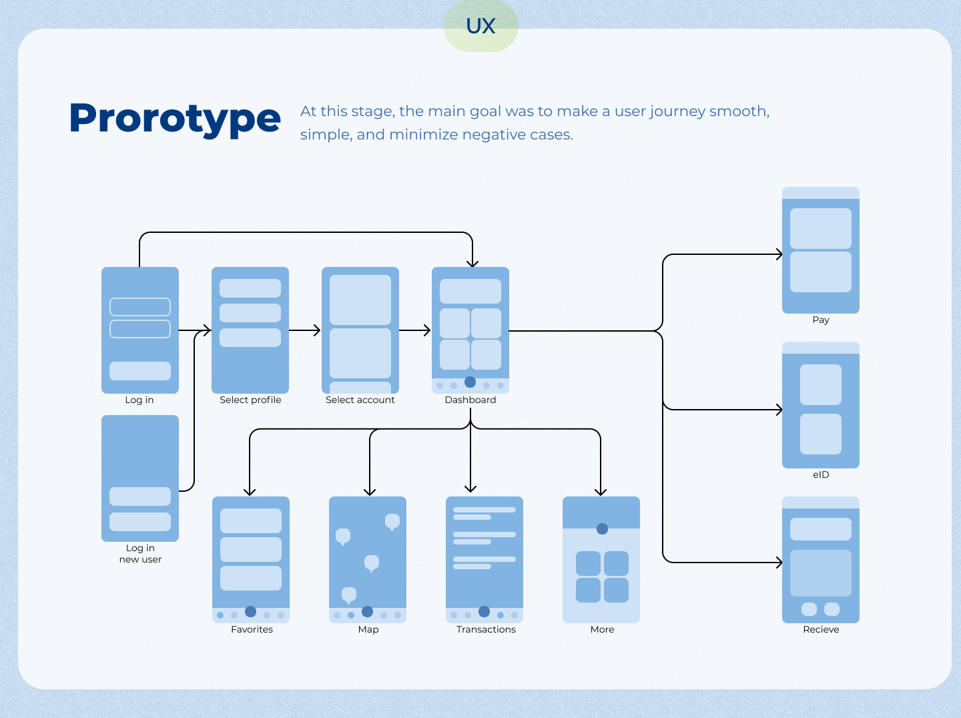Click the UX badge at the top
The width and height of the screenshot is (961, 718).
480,26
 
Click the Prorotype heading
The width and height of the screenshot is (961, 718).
175,119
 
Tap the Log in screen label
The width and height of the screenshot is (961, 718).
139,400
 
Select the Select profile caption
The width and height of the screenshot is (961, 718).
250,400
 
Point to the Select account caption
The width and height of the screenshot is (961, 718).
360,400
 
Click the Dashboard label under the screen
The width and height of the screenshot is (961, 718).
470,400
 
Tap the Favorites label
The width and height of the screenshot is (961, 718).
252,629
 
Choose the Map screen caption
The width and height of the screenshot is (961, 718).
368,629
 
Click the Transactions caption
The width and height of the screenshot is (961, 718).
486,629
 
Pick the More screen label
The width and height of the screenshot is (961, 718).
602,629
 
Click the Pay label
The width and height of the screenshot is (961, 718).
821,320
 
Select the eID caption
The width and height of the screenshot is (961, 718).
821,474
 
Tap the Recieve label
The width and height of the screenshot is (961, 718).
821,629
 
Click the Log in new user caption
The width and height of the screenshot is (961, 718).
140,554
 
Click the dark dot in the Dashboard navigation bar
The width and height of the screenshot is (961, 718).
470,382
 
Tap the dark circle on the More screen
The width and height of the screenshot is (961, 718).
602,528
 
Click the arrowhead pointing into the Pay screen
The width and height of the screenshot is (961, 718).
779,254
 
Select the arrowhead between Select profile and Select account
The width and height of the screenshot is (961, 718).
317,330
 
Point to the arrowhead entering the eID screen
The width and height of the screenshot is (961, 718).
779,410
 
